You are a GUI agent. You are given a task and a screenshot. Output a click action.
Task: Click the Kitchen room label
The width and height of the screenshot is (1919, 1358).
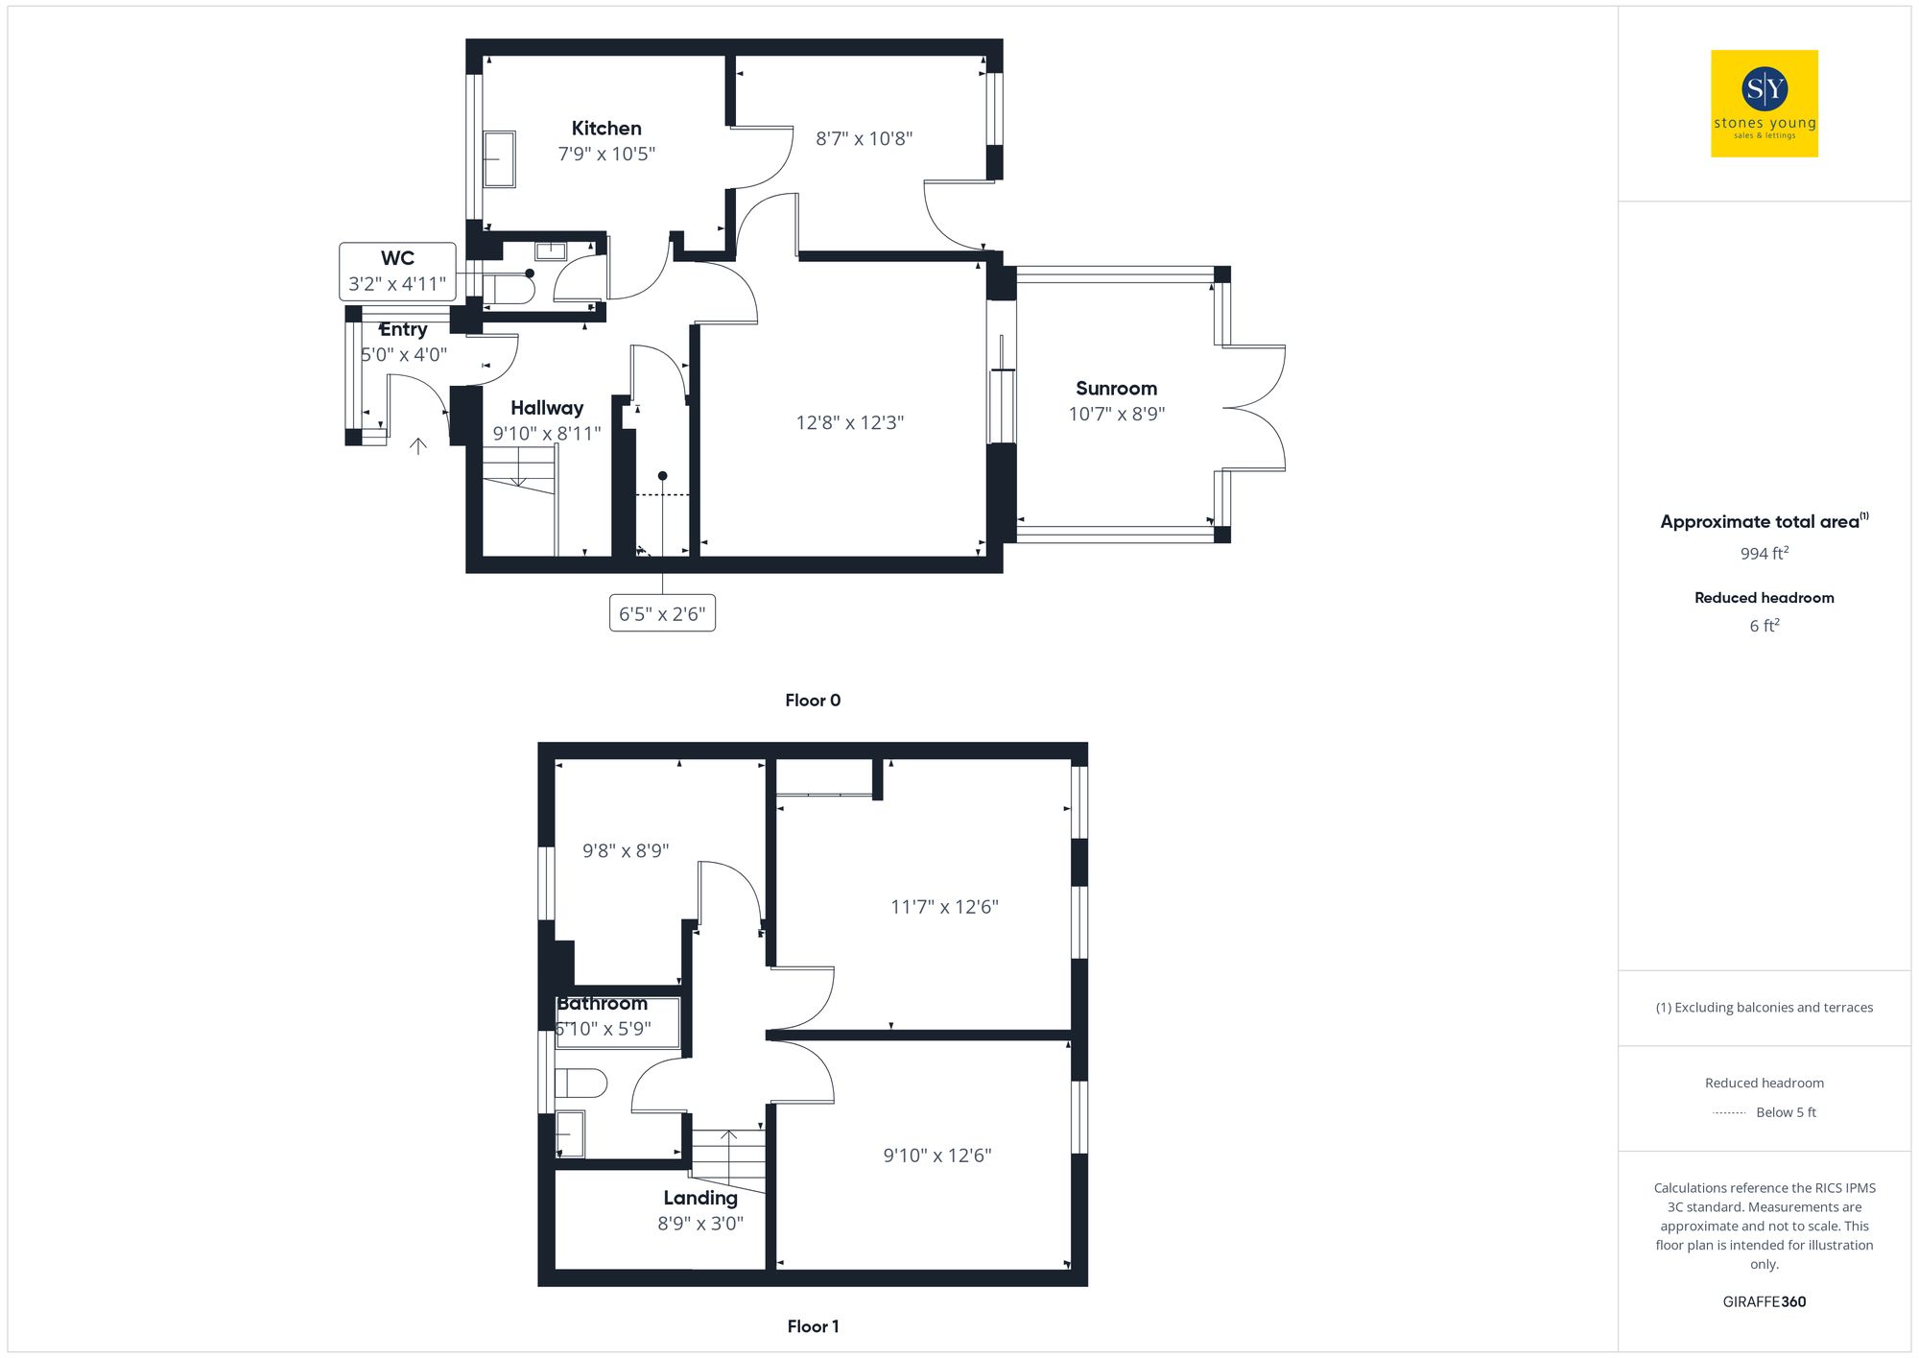click(x=606, y=129)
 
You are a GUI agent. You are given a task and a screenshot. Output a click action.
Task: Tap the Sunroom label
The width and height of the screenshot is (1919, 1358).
click(x=1116, y=389)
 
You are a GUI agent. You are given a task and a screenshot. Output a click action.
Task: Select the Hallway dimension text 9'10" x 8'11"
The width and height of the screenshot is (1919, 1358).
click(x=547, y=434)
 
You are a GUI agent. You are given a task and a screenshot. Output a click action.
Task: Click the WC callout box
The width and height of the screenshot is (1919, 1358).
click(x=397, y=272)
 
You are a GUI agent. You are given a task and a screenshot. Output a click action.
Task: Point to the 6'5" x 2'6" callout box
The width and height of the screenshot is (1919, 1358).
click(x=662, y=614)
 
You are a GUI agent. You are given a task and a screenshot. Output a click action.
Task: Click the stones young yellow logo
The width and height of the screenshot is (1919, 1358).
click(x=1764, y=104)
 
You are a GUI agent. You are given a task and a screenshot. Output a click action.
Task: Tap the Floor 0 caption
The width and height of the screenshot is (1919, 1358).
click(x=813, y=701)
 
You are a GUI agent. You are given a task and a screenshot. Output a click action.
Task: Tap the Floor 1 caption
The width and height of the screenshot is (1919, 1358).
click(x=813, y=1326)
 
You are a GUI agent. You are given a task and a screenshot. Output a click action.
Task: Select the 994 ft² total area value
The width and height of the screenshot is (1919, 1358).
click(x=1764, y=554)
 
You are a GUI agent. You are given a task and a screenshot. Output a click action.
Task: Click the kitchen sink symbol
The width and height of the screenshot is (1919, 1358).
click(x=499, y=159)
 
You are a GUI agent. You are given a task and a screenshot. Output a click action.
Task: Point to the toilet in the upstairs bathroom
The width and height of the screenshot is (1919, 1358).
click(x=581, y=1084)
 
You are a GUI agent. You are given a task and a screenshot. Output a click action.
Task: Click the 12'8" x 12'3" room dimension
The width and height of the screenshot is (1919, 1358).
click(x=850, y=423)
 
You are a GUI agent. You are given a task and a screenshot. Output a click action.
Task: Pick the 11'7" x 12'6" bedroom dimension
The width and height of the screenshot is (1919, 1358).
click(x=944, y=907)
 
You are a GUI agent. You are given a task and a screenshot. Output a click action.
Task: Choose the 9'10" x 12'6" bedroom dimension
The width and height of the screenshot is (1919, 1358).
click(x=937, y=1155)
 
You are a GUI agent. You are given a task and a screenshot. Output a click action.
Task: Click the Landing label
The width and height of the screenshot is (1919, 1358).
click(x=700, y=1198)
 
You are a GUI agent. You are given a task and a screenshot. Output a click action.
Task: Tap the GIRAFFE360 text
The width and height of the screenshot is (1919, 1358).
click(x=1764, y=1302)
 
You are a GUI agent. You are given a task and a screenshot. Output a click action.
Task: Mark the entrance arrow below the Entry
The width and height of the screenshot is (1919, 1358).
click(x=418, y=446)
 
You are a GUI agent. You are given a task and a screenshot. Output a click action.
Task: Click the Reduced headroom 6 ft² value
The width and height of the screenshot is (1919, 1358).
click(x=1764, y=626)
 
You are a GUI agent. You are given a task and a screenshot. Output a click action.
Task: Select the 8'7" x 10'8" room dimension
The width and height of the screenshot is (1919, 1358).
click(x=864, y=139)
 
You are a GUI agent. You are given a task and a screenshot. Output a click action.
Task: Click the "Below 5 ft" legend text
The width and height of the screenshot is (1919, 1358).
click(x=1786, y=1112)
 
